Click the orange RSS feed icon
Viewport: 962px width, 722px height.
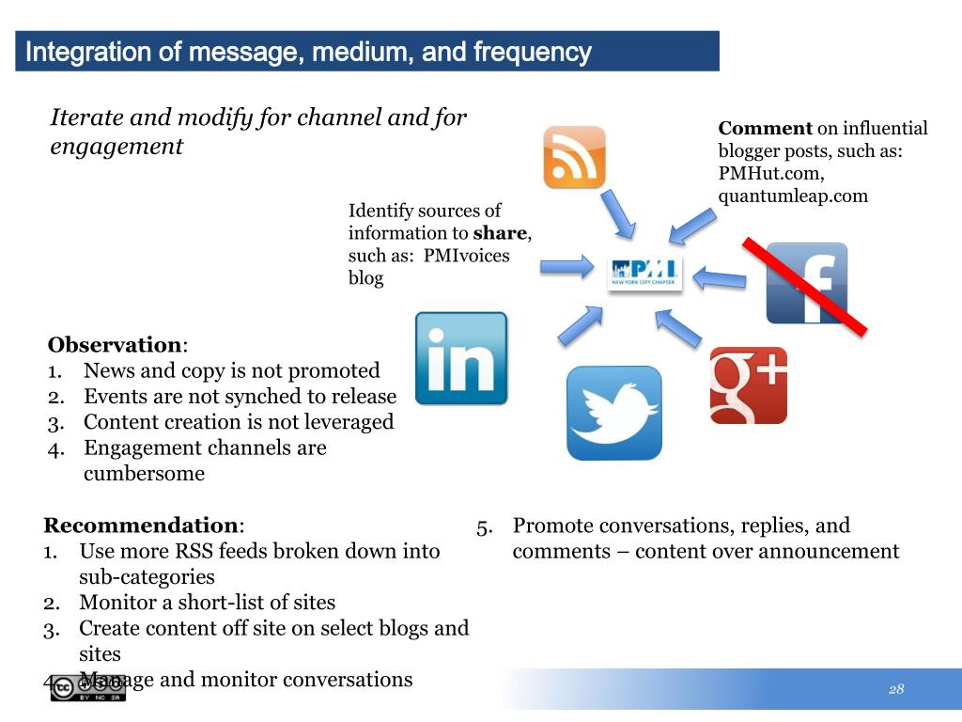(574, 157)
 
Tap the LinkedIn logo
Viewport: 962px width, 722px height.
(461, 358)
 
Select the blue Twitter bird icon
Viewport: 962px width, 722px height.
(613, 413)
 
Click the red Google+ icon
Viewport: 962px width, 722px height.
(748, 385)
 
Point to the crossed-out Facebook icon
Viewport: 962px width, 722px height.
(806, 283)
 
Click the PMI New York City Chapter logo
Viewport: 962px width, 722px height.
(644, 273)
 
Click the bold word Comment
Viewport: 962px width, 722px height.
(765, 129)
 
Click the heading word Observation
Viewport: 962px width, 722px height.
(115, 345)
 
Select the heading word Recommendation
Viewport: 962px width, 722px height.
(141, 526)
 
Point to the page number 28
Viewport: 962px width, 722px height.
(896, 689)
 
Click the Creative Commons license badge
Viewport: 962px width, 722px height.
(88, 688)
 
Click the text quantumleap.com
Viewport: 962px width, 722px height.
(793, 196)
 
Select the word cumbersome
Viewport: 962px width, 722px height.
(144, 474)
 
